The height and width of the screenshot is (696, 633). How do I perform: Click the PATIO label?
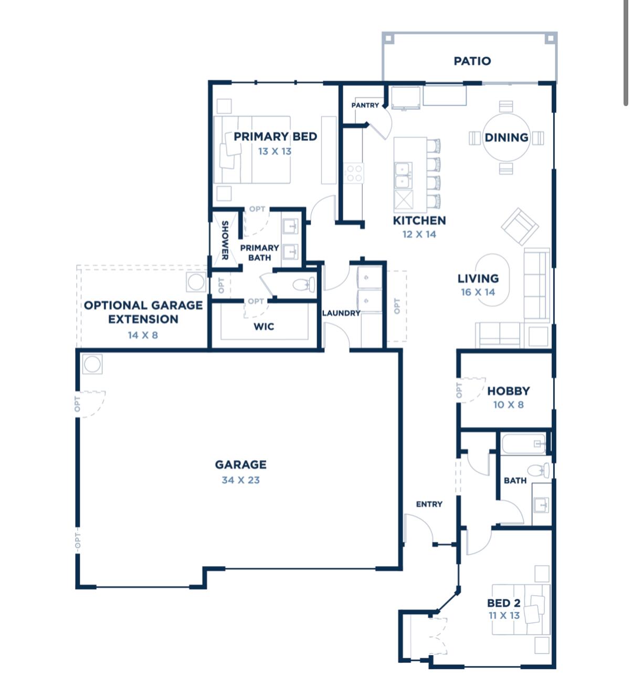click(472, 61)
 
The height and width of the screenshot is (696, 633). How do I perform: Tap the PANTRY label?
click(365, 105)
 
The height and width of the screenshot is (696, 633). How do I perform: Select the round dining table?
click(506, 138)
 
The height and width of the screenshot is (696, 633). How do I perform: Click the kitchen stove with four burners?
click(353, 173)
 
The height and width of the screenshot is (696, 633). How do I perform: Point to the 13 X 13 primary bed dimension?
click(275, 151)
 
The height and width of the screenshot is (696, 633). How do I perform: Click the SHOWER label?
click(225, 240)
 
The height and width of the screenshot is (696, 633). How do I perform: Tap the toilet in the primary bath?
click(304, 285)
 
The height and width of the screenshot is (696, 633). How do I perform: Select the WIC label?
click(263, 327)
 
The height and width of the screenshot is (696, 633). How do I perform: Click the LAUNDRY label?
click(341, 313)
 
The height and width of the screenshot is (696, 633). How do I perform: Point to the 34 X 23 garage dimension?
click(240, 480)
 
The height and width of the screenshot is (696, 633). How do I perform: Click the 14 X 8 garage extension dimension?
click(143, 335)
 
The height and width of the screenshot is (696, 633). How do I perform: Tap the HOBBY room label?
click(508, 391)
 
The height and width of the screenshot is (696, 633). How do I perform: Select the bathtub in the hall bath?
click(523, 444)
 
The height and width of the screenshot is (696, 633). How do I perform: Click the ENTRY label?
click(429, 504)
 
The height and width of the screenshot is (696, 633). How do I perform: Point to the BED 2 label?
click(503, 603)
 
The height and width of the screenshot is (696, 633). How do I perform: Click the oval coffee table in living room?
click(492, 280)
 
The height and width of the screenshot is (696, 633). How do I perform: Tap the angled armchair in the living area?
click(520, 226)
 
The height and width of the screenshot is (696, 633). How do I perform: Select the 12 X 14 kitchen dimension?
click(419, 235)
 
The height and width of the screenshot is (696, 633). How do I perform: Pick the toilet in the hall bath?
click(539, 470)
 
